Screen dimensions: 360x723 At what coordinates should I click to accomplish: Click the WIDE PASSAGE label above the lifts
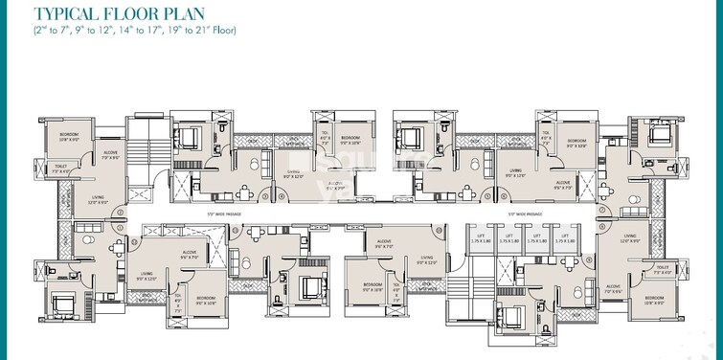(525, 214)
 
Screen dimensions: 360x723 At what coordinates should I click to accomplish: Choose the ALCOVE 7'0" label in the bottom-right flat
(614, 285)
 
